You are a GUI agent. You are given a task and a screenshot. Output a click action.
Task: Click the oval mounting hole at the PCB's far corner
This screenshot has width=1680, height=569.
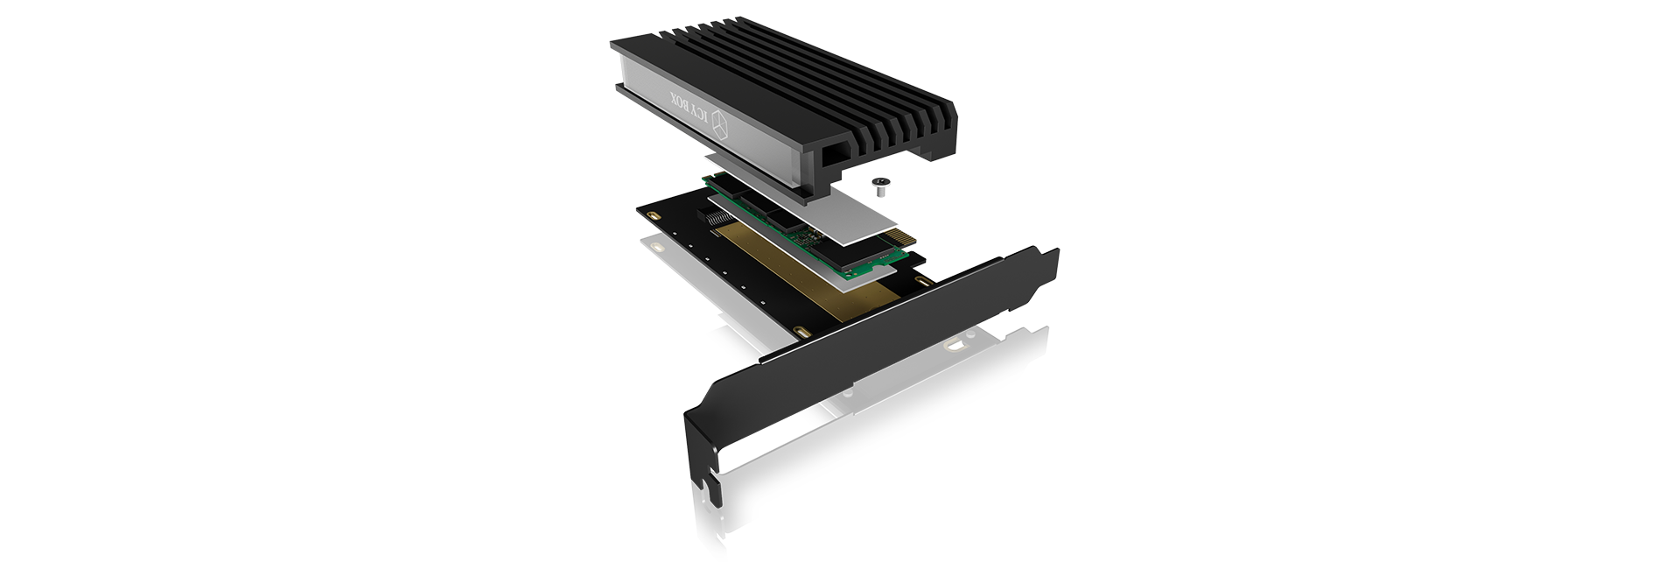653,215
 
